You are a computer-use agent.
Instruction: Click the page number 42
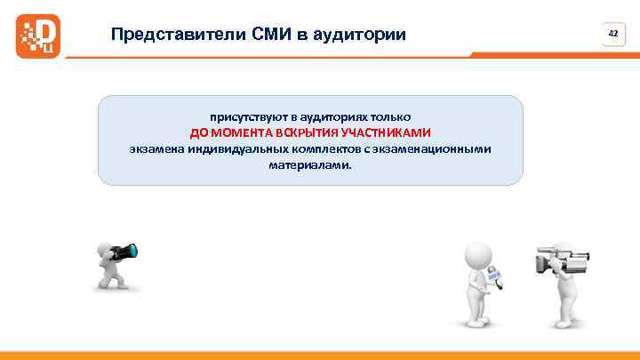(x=612, y=33)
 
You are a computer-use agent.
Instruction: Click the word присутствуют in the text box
(x=241, y=116)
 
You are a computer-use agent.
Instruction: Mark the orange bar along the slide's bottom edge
(x=320, y=355)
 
